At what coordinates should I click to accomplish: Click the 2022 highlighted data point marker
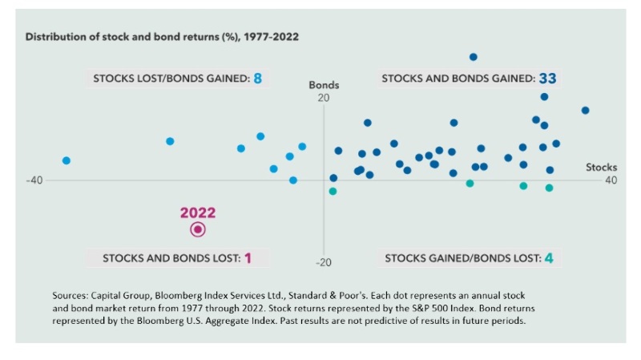pyautogui.click(x=198, y=229)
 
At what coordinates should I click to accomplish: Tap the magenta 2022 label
pyautogui.click(x=198, y=212)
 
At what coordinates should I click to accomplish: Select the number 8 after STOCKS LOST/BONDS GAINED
pyautogui.click(x=258, y=79)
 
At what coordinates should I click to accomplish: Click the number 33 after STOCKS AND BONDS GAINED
pyautogui.click(x=547, y=79)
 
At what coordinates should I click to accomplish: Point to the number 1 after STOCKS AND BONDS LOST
pyautogui.click(x=248, y=258)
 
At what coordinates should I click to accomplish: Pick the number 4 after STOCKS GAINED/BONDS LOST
pyautogui.click(x=549, y=258)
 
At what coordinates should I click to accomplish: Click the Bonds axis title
pyautogui.click(x=324, y=85)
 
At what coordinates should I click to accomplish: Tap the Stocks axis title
pyautogui.click(x=602, y=168)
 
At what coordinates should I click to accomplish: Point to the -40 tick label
pyautogui.click(x=34, y=180)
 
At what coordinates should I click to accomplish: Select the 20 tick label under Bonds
pyautogui.click(x=324, y=98)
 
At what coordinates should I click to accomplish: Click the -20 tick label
pyautogui.click(x=323, y=263)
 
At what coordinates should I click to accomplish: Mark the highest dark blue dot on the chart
pyautogui.click(x=474, y=57)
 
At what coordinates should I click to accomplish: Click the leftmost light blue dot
pyautogui.click(x=67, y=160)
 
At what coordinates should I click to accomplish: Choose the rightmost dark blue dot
pyautogui.click(x=585, y=110)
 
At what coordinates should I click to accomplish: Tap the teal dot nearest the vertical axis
pyautogui.click(x=333, y=191)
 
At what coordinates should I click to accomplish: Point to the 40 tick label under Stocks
pyautogui.click(x=611, y=180)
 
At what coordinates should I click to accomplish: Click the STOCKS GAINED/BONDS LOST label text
pyautogui.click(x=462, y=258)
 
